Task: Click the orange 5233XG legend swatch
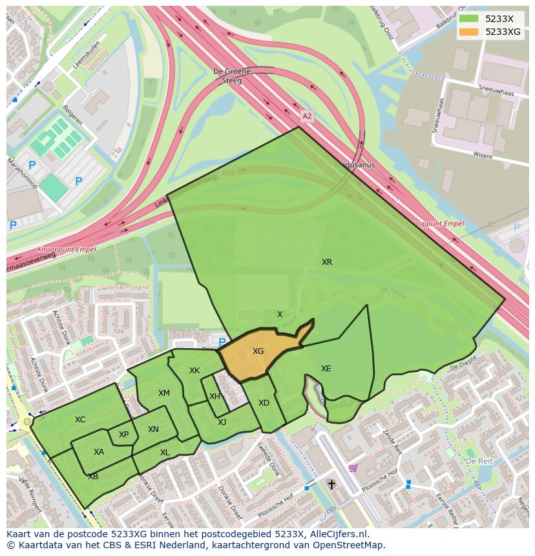(x=470, y=32)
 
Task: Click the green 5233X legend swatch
(x=470, y=19)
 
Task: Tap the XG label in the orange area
(x=258, y=351)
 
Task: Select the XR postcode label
(x=327, y=262)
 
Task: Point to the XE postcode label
(x=326, y=369)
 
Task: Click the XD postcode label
(x=264, y=403)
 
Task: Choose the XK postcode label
(x=194, y=371)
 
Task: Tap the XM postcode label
(x=164, y=393)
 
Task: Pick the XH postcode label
(x=215, y=396)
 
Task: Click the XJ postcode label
(x=222, y=422)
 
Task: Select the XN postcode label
(x=153, y=429)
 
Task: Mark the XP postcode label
(x=123, y=435)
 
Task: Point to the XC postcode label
(x=80, y=420)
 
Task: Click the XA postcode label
(x=98, y=452)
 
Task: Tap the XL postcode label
(x=165, y=453)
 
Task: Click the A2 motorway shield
(x=307, y=116)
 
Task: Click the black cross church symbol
(x=331, y=484)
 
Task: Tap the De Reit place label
(x=479, y=462)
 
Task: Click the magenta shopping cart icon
(x=352, y=468)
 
